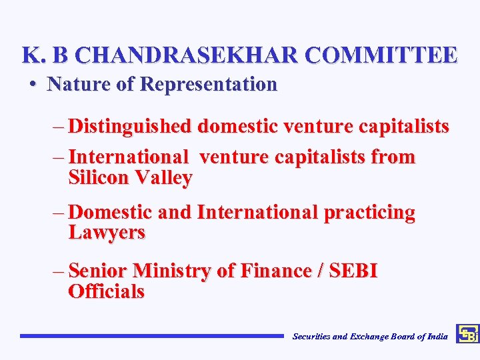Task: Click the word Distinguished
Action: (x=131, y=126)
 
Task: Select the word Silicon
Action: (x=99, y=178)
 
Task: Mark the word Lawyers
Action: (x=107, y=233)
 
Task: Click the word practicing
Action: (x=369, y=213)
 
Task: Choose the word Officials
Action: (x=106, y=291)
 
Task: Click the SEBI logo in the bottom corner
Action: (x=467, y=334)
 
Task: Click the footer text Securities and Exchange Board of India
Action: (x=370, y=337)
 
